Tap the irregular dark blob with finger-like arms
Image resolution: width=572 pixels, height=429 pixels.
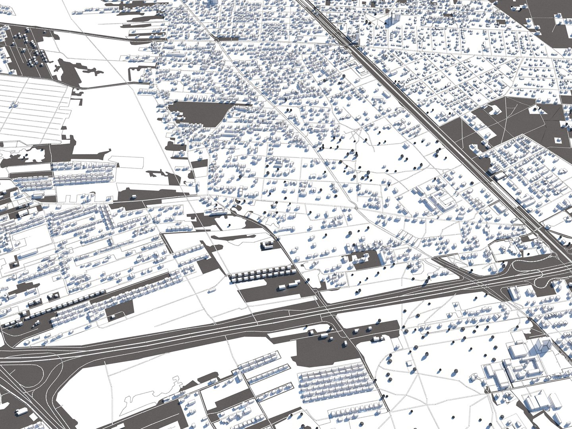75,71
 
